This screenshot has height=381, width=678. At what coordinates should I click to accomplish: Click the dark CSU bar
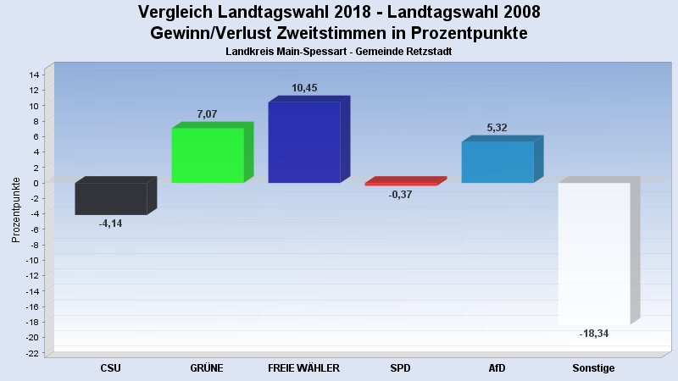tap(110, 199)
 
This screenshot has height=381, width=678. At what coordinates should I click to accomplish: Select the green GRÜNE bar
tap(208, 155)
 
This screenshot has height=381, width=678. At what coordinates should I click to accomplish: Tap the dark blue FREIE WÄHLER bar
tap(303, 142)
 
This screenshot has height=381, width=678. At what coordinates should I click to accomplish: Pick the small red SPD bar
tap(401, 183)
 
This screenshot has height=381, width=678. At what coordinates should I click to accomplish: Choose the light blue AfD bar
tap(497, 162)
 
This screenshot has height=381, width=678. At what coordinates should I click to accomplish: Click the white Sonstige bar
tap(593, 253)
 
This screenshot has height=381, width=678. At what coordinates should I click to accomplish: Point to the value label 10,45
tap(304, 88)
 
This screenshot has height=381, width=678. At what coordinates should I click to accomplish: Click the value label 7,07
tap(208, 113)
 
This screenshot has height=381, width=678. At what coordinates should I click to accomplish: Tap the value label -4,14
tap(110, 224)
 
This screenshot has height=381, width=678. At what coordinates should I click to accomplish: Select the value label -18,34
tap(593, 334)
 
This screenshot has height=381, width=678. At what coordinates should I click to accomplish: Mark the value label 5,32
tap(497, 128)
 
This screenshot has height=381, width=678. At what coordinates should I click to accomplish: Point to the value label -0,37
tap(400, 195)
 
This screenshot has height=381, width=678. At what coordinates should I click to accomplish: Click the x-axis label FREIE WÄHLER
tap(303, 368)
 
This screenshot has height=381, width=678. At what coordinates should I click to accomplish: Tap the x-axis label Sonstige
tap(593, 368)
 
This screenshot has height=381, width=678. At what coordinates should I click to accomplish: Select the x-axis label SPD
tap(400, 368)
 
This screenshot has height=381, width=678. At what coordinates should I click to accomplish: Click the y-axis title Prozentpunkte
tap(16, 209)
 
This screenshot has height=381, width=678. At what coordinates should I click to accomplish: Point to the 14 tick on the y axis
tap(34, 75)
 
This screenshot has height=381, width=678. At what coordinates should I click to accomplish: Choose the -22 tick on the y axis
tap(32, 352)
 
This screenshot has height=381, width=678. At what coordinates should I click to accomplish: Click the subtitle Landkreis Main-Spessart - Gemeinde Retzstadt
tap(338, 52)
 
